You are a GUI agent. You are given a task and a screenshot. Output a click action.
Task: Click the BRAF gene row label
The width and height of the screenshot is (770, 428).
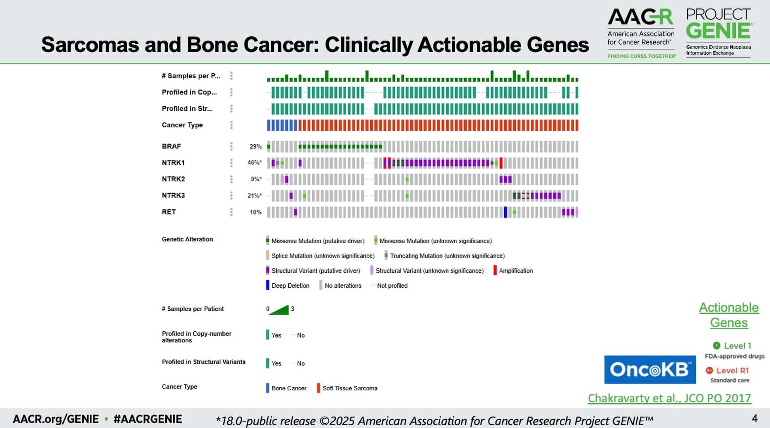172,146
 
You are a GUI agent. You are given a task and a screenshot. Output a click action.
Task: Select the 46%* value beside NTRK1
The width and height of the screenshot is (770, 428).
254,163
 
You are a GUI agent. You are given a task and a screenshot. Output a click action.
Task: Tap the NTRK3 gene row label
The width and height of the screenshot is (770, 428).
173,196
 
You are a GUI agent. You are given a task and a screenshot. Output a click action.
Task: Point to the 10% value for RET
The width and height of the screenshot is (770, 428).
255,212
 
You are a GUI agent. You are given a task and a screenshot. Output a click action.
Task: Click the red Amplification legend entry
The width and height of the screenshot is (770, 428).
513,270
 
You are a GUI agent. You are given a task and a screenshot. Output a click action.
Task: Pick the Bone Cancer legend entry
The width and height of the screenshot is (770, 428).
286,388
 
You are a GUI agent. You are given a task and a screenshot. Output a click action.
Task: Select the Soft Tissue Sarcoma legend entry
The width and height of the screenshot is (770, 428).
347,388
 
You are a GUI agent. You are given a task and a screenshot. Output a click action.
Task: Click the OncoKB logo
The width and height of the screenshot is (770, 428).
649,369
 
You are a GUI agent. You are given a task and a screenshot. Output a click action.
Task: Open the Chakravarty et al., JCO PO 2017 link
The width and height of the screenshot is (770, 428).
669,398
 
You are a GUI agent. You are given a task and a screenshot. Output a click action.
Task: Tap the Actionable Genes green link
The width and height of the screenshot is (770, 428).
729,315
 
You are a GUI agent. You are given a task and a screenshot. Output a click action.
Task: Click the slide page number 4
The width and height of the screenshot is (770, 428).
755,418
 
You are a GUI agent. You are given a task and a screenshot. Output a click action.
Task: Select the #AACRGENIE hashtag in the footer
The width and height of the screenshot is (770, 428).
148,419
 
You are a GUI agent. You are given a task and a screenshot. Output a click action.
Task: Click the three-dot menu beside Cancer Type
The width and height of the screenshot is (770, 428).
231,125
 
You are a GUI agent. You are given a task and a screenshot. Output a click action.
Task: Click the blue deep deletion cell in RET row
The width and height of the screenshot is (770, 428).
505,212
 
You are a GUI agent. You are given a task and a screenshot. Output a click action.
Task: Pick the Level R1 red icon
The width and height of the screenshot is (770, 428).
709,371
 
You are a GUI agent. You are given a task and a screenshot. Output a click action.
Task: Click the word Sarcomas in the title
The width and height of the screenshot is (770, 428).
90,45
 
